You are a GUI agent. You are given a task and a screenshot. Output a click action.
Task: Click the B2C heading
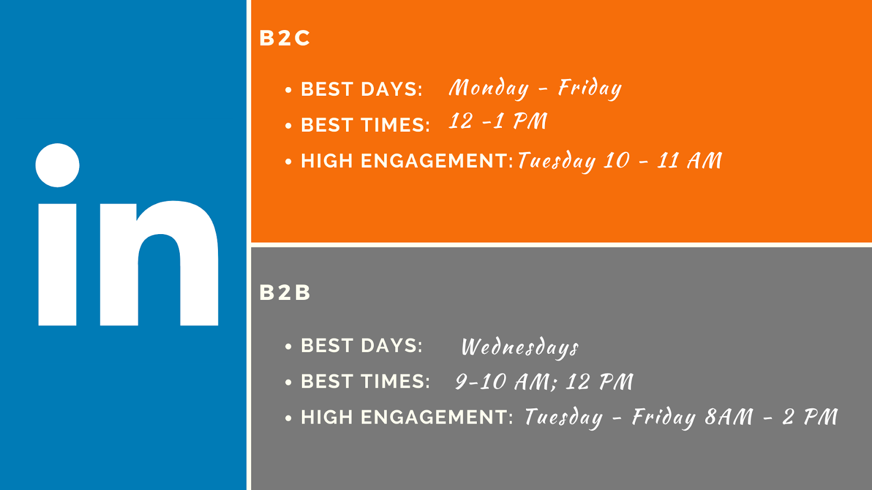[x=284, y=38]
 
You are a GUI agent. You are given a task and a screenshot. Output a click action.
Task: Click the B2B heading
[x=284, y=292]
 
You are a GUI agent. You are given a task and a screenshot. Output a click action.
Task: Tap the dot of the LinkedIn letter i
[x=57, y=166]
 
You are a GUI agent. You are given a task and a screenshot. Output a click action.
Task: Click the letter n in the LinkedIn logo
[x=159, y=264]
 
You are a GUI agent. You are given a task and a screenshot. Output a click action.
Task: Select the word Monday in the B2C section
[x=489, y=88]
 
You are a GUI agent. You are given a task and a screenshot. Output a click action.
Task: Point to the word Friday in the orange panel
[x=590, y=88]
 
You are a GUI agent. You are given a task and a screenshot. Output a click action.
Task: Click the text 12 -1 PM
[x=498, y=121]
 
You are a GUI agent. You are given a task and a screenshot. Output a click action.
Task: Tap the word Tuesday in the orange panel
[x=556, y=161]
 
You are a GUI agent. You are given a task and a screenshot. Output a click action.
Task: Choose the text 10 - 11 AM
[x=663, y=160]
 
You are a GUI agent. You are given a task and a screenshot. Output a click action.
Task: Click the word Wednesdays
[x=520, y=347]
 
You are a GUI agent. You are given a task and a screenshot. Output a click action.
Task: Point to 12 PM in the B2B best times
[x=599, y=382]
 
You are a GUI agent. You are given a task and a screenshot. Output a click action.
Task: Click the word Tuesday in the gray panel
[x=564, y=417]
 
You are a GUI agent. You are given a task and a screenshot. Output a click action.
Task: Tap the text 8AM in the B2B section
[x=729, y=417]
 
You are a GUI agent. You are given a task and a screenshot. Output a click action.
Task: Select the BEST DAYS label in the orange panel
[x=362, y=89]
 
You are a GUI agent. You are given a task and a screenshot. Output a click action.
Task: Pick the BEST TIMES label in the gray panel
[x=366, y=381]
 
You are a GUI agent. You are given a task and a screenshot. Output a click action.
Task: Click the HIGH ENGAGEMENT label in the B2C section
[x=407, y=161]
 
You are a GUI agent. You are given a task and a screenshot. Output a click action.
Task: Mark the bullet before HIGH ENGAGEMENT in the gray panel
[x=288, y=418]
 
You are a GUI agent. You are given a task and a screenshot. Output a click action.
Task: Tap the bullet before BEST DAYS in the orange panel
[x=288, y=90]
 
